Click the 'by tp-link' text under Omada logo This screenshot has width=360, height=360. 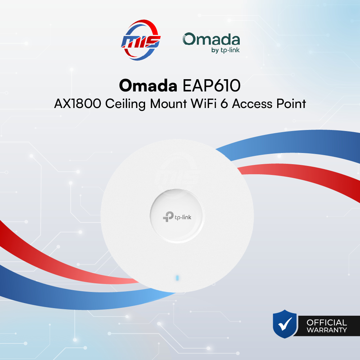(225, 50)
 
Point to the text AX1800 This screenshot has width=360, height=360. (75, 104)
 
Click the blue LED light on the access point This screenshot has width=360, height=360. (176, 278)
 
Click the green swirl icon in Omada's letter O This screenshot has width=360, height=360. (189, 39)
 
